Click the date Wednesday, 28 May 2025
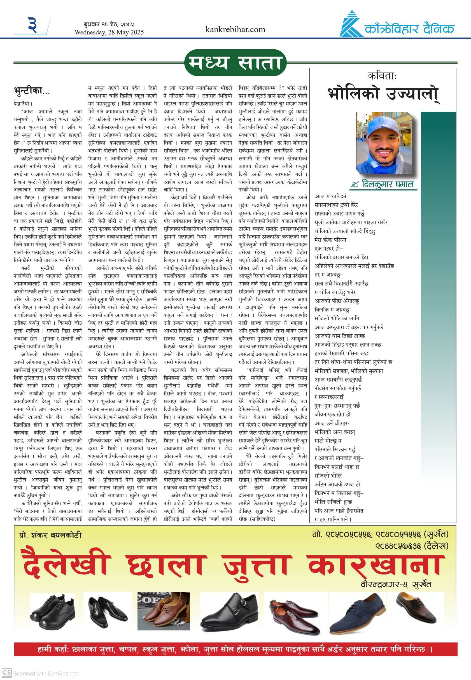[x=109, y=32]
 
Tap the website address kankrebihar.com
[x=235, y=29]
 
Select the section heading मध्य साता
[x=235, y=63]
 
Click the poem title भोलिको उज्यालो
[x=383, y=94]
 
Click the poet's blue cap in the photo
[x=381, y=123]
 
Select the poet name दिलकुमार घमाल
[x=388, y=184]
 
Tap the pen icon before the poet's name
[x=354, y=185]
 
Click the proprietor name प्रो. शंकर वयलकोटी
[x=50, y=535]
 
